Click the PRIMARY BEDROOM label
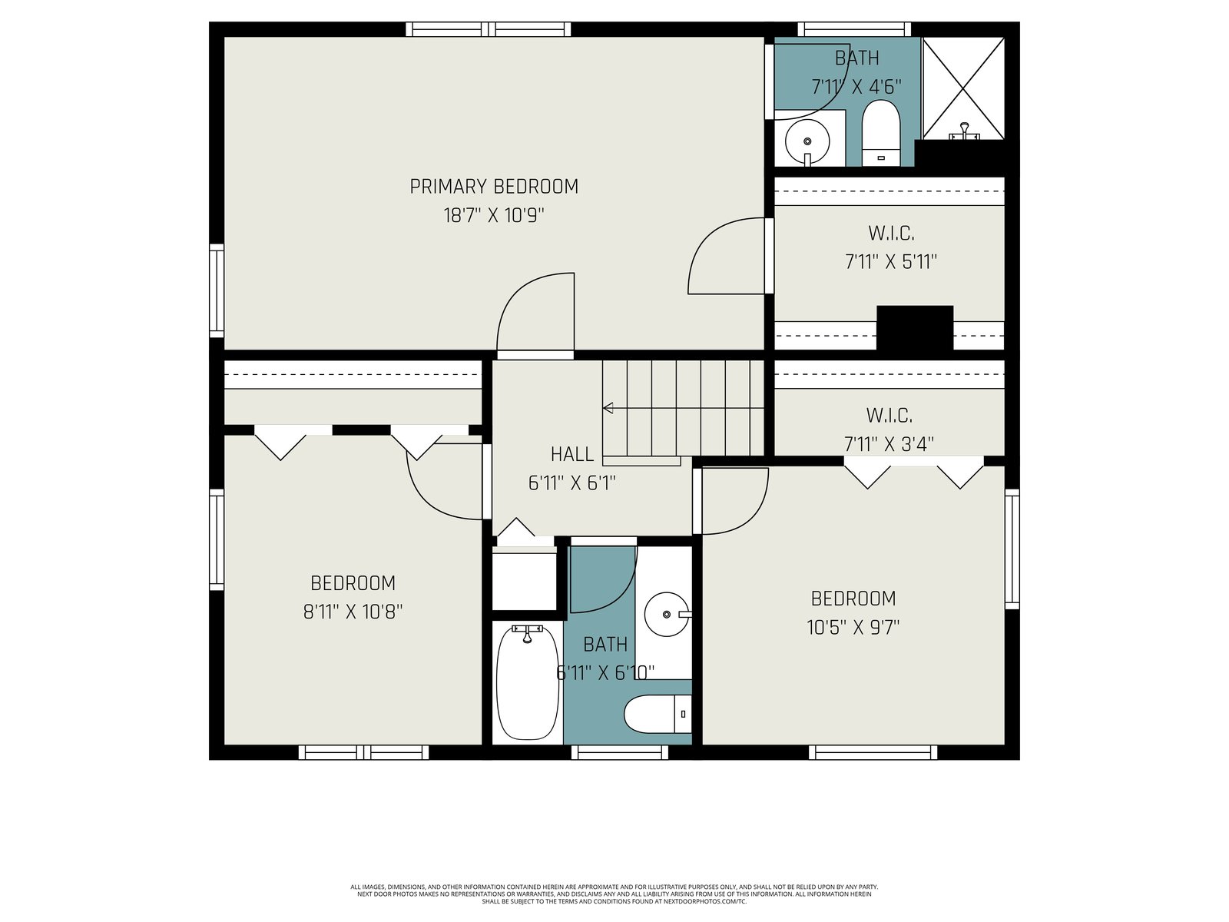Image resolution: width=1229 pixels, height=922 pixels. pos(494,187)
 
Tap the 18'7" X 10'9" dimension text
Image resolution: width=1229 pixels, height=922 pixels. pos(494,215)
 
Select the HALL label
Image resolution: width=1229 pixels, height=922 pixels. pos(571,454)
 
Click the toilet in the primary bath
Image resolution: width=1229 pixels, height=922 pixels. pos(881,133)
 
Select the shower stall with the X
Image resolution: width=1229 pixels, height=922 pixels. pos(963,88)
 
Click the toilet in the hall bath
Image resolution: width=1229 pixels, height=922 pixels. pos(658,714)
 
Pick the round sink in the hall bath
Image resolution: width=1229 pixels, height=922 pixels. pos(666,614)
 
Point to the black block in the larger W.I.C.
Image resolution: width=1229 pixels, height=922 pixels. pos(915,328)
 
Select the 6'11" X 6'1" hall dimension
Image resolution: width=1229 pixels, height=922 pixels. pos(571,483)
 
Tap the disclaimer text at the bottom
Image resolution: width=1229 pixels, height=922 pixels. pos(614,894)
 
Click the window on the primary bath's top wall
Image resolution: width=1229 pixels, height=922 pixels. pos(854,29)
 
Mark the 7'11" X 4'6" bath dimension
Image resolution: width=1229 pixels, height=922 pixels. pos(856,87)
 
